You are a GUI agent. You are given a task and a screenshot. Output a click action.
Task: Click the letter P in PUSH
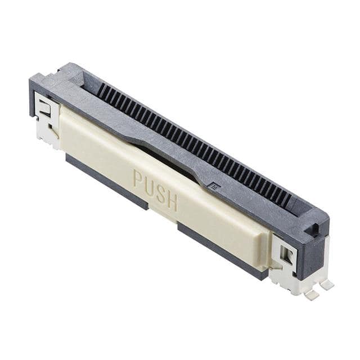click(138, 179)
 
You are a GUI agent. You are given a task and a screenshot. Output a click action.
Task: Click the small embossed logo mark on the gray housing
click(214, 184)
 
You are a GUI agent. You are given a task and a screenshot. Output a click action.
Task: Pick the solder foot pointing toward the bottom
click(311, 295)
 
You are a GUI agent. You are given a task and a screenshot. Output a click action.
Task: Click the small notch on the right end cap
click(315, 229)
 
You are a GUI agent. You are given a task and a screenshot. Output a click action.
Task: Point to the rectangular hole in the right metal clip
click(286, 256)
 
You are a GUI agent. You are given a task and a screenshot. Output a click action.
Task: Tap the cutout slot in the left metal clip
click(46, 111)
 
